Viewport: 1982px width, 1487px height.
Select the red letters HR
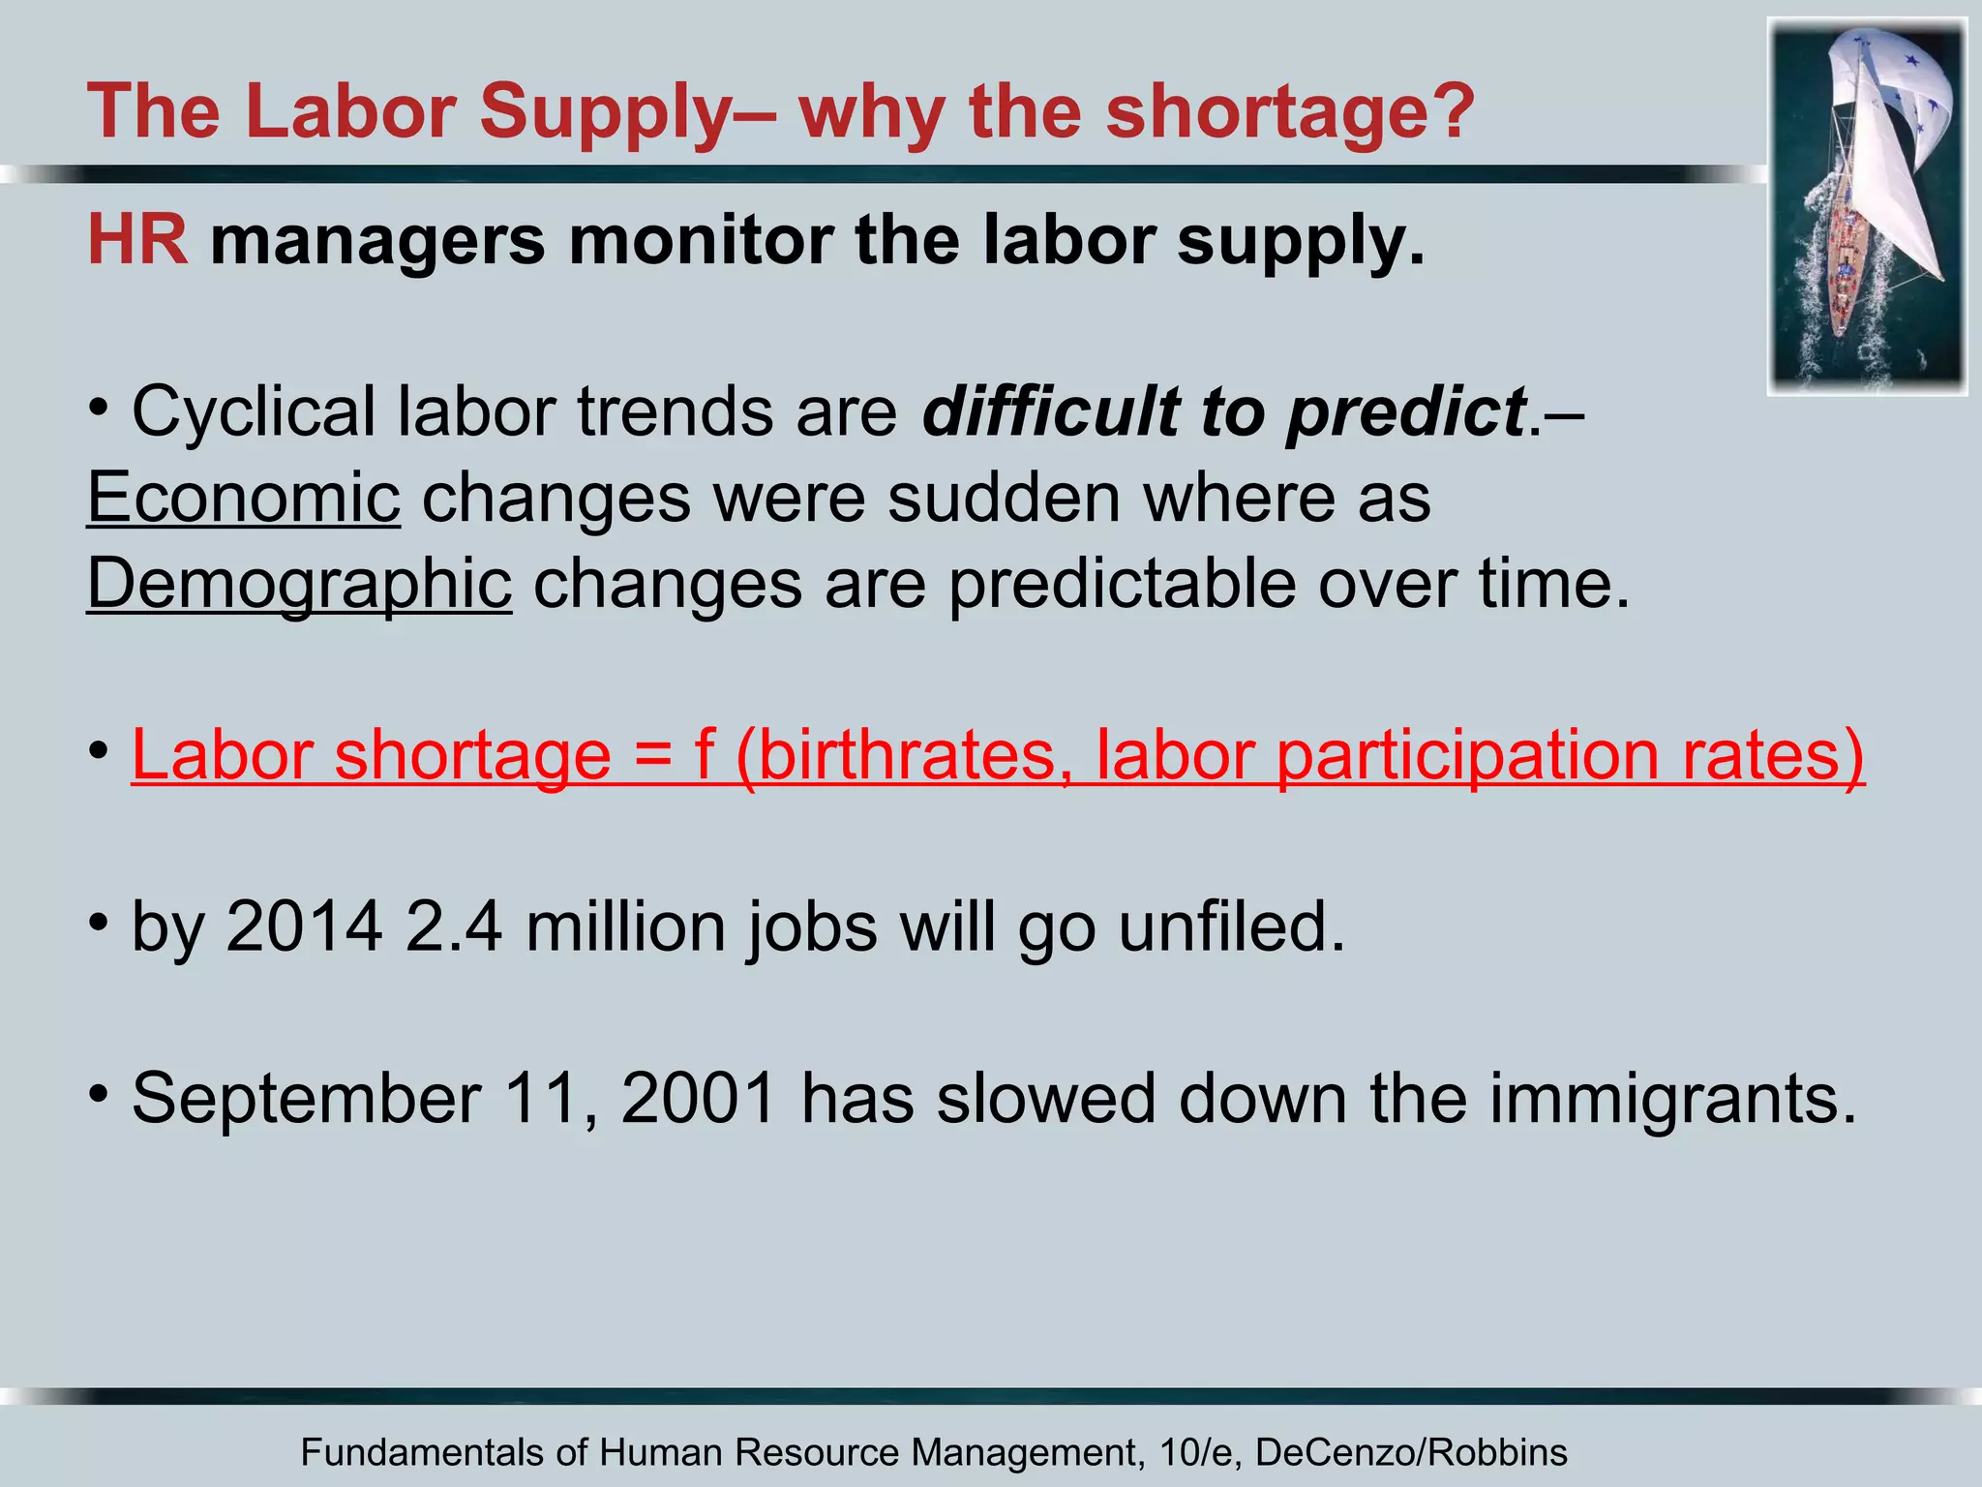(x=137, y=239)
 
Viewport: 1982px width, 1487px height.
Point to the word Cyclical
(x=254, y=411)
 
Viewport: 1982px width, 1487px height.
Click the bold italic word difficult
(x=1049, y=411)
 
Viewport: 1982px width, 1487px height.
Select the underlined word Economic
(x=243, y=498)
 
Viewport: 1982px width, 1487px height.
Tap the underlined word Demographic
(x=299, y=584)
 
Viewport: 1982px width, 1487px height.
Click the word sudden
(x=1004, y=498)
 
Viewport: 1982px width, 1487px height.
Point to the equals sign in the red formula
(x=653, y=757)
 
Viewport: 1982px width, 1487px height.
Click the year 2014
(x=305, y=927)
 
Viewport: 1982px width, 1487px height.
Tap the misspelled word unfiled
(x=1231, y=927)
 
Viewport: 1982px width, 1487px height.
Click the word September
(x=307, y=1099)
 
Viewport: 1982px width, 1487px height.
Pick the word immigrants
(x=1672, y=1099)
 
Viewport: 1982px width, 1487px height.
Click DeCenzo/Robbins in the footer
(x=1411, y=1452)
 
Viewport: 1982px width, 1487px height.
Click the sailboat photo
(x=1867, y=207)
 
